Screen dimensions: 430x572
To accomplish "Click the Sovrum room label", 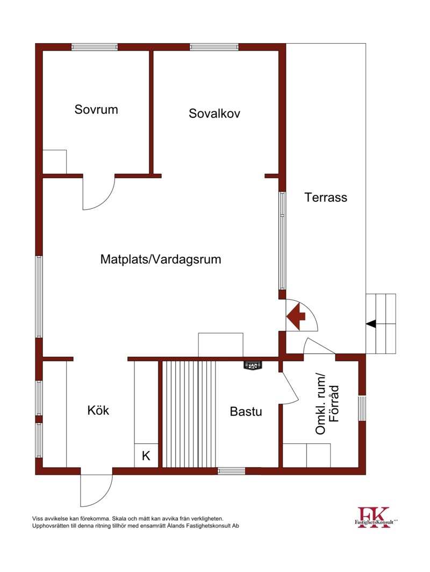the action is [96, 109].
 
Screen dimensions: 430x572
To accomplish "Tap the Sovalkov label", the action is [214, 114].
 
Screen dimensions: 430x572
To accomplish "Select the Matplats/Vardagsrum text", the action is [161, 259].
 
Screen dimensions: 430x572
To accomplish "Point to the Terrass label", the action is [326, 197].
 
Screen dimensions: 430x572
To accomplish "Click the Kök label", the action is [98, 410].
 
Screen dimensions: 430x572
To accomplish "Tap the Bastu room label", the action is [246, 412].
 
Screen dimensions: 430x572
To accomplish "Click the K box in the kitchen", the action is [146, 456].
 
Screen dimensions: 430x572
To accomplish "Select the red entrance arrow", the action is [296, 316].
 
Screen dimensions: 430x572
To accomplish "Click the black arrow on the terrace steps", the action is [370, 323].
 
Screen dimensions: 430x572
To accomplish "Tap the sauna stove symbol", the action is [253, 365].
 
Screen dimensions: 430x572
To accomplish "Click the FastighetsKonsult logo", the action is [376, 517].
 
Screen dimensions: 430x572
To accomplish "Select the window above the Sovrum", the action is [95, 47].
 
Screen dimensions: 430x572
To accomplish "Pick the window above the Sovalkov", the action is [214, 47].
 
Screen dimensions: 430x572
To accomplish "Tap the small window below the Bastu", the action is [232, 471].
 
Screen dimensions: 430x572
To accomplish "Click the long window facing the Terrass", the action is [282, 241].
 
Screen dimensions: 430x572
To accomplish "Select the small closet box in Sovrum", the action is [55, 162].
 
